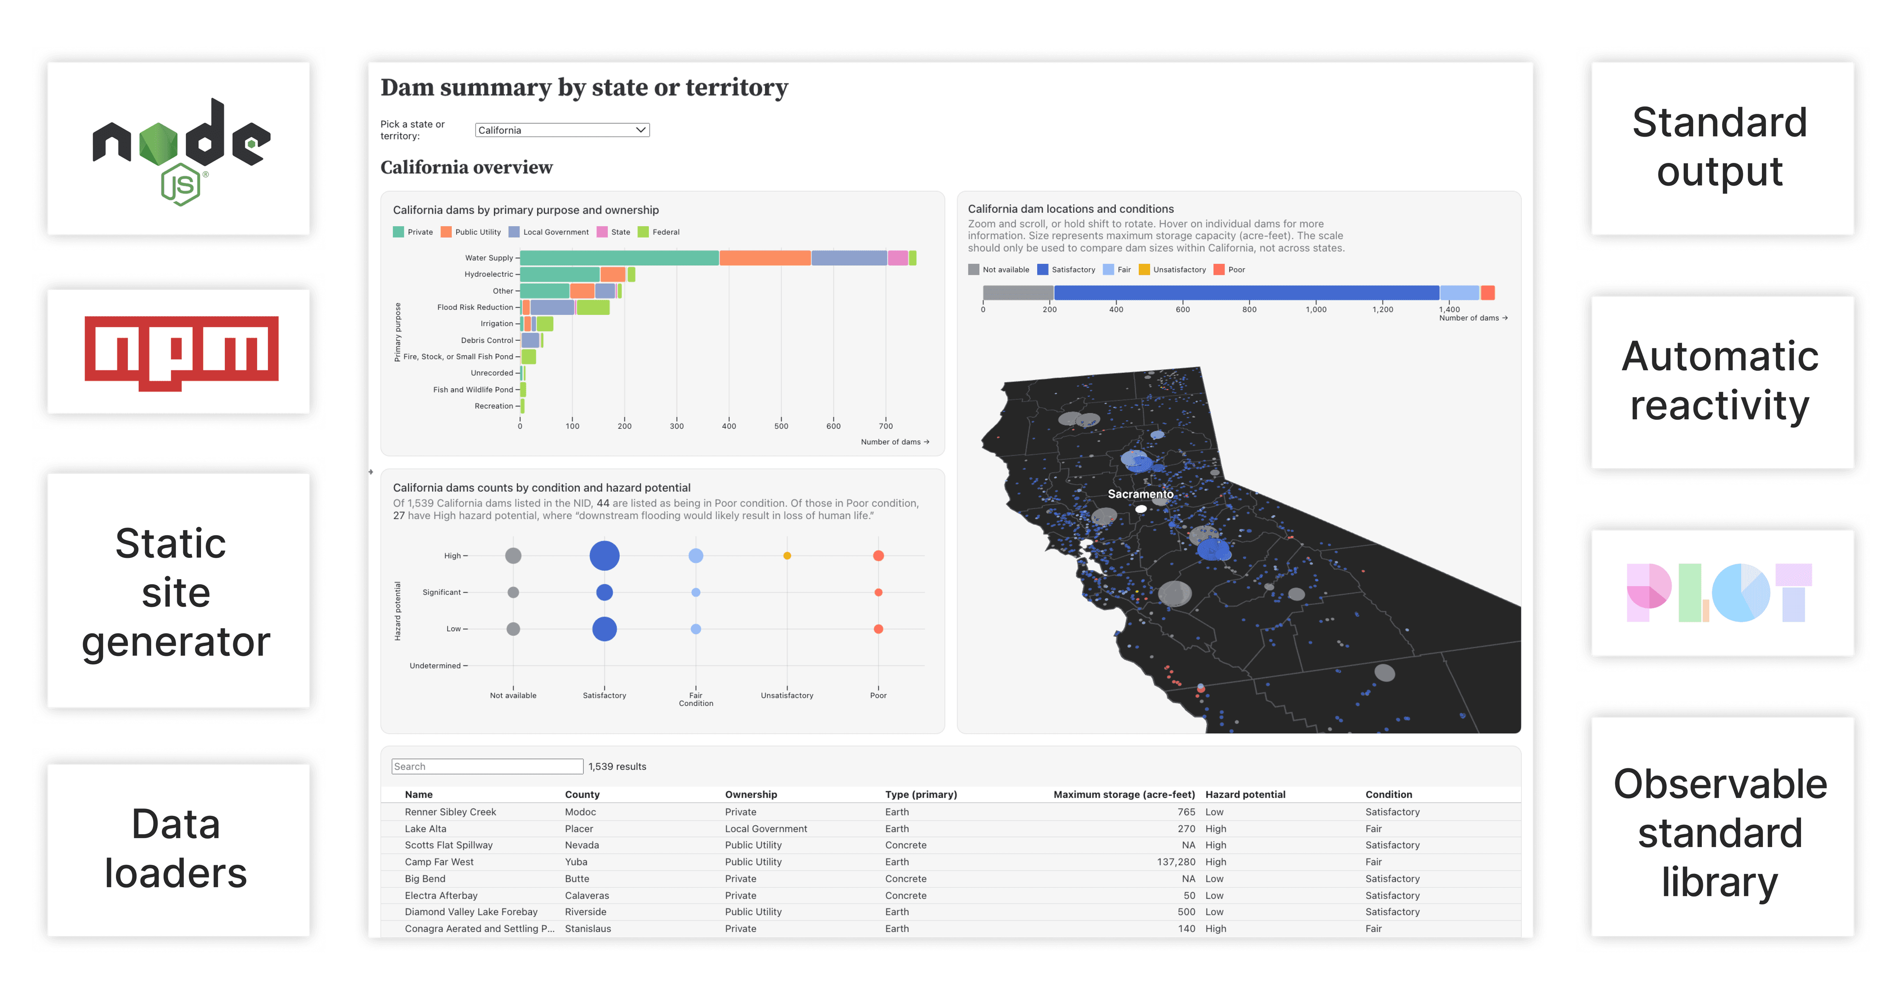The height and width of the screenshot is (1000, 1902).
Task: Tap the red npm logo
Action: pos(181,352)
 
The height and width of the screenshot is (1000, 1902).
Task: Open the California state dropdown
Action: pos(562,130)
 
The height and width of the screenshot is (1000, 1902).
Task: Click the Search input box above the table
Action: pos(487,766)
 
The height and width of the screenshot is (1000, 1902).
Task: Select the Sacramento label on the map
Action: pos(1140,494)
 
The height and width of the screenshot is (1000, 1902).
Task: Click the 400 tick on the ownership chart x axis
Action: pos(729,426)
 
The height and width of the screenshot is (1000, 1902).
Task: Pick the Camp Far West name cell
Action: pos(439,861)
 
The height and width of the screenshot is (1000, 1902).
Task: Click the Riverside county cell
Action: pos(585,911)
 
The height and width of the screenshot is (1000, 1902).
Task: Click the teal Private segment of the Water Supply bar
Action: pos(619,257)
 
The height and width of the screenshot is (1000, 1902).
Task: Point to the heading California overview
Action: pos(466,167)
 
